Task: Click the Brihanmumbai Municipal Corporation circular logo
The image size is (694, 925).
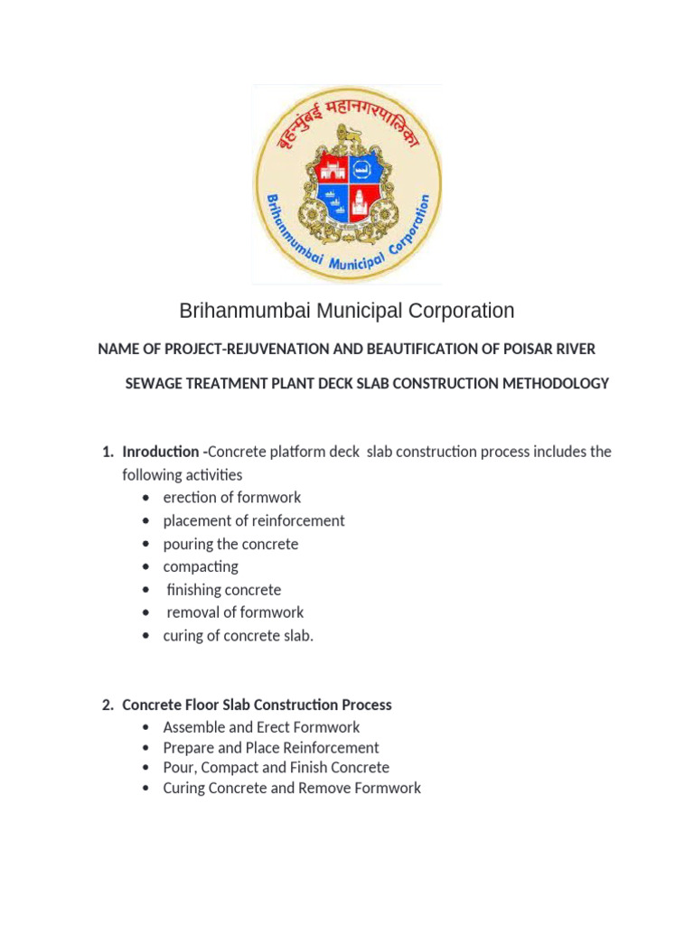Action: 347,184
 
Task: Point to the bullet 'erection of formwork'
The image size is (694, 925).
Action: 232,498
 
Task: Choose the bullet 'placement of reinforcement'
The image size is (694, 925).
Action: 254,521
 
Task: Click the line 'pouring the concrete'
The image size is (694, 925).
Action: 230,544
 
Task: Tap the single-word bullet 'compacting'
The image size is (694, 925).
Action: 201,566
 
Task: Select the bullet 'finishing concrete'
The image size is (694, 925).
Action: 224,590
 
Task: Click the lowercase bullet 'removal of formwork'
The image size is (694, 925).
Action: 235,612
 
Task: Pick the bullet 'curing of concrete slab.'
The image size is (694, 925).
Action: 239,636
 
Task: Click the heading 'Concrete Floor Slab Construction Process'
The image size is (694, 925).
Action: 257,705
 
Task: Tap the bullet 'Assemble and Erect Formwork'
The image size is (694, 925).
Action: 261,727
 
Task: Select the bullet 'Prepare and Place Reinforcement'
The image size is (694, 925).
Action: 271,748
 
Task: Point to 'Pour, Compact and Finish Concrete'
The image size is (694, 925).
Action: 277,768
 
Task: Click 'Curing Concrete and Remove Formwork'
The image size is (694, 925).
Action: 292,788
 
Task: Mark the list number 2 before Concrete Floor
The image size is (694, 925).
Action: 107,705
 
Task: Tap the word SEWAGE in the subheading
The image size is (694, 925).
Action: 149,384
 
